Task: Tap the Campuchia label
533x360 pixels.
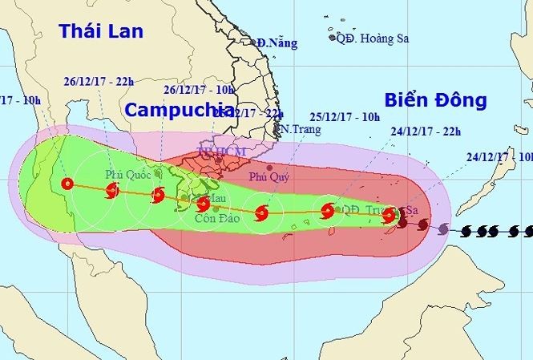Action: pos(176,109)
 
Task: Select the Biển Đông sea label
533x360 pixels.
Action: pos(436,100)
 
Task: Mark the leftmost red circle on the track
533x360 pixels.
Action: pos(67,184)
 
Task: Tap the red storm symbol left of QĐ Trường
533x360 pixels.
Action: pos(327,212)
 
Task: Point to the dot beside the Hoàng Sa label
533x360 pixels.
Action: pos(332,36)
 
